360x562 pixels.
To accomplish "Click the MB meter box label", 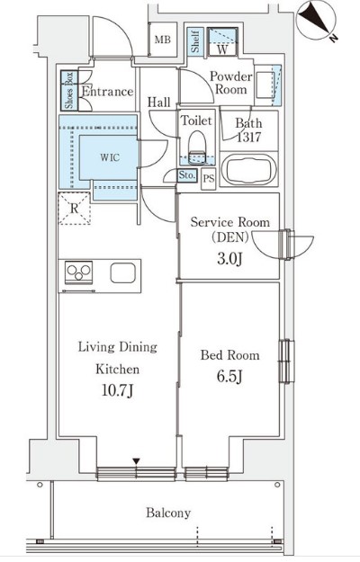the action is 162,40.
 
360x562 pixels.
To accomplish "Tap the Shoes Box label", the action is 69,90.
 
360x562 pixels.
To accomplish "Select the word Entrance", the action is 108,92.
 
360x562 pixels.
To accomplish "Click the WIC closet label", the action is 110,157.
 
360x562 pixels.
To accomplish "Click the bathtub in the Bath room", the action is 248,170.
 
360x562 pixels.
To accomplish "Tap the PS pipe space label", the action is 208,178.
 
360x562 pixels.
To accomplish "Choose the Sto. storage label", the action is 187,175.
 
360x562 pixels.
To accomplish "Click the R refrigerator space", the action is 74,209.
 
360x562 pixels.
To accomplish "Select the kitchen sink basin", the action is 123,273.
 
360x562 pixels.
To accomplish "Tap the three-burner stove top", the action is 78,272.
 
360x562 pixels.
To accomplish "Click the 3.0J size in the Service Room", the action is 229,258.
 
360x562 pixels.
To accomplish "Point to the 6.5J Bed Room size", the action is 229,377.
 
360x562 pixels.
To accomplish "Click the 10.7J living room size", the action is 117,390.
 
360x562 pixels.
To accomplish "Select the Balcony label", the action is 167,513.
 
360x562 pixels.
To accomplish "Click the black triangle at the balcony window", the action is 136,461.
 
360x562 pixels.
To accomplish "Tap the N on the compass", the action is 334,37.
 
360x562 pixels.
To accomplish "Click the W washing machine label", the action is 222,49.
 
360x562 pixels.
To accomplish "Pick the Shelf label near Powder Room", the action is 195,40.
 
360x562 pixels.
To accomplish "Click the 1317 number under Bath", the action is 248,137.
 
